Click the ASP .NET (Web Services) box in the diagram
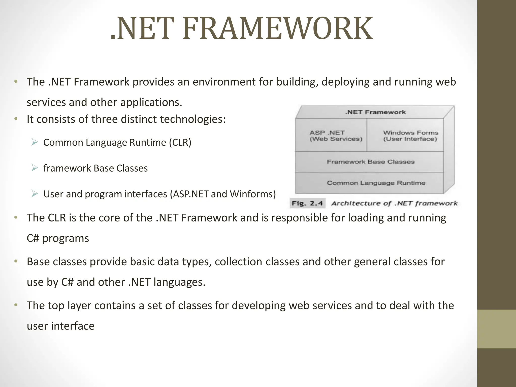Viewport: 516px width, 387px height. tap(336, 136)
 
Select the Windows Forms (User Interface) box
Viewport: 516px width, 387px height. tap(410, 136)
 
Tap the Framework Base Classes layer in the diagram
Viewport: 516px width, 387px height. tap(370, 162)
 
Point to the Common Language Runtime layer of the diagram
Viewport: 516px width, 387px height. tap(376, 183)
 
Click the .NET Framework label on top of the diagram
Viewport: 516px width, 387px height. tap(375, 112)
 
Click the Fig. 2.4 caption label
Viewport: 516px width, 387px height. tap(307, 203)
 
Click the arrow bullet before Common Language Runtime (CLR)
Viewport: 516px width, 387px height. tap(35, 142)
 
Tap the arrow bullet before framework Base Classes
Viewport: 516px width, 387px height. tap(35, 168)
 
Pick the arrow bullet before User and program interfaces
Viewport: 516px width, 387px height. tap(35, 194)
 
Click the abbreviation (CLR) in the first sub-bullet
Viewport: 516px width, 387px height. tap(180, 143)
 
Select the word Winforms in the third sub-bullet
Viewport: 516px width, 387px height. tap(253, 194)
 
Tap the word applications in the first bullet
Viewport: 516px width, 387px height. tap(151, 103)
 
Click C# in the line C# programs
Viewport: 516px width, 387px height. tap(33, 238)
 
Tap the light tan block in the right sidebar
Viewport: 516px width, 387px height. tap(496, 329)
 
